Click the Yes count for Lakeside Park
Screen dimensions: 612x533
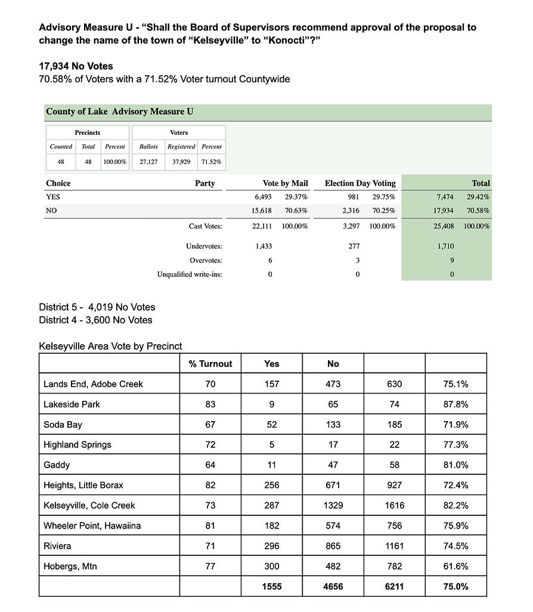tap(271, 404)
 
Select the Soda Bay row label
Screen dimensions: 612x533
tap(63, 425)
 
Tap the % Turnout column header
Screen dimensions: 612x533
tap(210, 364)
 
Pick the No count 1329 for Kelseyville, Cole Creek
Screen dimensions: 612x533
tap(333, 505)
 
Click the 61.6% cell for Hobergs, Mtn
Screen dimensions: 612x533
tap(455, 566)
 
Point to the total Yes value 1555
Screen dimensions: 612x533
tap(271, 586)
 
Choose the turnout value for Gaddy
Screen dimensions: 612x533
tap(210, 465)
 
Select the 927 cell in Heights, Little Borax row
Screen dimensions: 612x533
tap(394, 485)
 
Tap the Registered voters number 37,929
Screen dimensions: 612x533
tap(181, 162)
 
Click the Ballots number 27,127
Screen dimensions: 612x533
tap(148, 162)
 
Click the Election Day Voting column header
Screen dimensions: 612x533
tap(360, 183)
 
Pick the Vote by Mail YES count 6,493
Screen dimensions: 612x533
tap(263, 197)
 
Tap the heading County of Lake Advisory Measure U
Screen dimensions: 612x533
tap(120, 112)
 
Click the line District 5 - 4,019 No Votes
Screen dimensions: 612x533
tap(97, 307)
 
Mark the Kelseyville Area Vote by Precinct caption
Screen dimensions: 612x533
tap(110, 346)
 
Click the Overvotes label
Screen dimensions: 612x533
tap(206, 261)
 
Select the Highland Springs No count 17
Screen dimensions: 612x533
tap(333, 444)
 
